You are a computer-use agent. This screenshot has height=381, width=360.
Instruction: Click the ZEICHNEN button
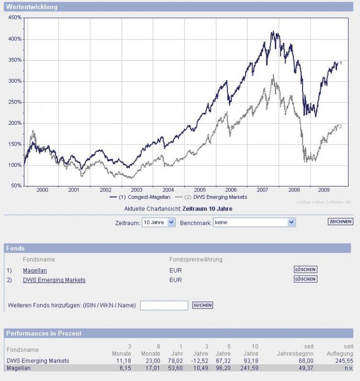click(340, 222)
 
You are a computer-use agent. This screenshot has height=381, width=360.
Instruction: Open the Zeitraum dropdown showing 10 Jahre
click(158, 223)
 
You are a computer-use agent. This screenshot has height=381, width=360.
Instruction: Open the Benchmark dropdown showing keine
click(254, 223)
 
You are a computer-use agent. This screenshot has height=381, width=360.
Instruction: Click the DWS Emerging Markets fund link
click(54, 280)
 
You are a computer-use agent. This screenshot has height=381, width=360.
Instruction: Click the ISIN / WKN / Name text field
click(164, 305)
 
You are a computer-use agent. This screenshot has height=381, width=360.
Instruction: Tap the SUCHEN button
click(203, 305)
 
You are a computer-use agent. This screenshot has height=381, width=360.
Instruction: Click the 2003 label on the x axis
click(137, 190)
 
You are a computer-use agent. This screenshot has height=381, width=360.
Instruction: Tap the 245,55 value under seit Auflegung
click(344, 361)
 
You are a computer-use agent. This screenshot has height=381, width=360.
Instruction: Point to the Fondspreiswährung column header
click(196, 259)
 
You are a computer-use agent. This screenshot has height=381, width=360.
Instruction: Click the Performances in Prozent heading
click(44, 333)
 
